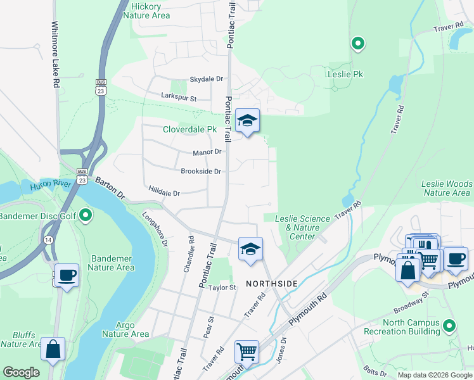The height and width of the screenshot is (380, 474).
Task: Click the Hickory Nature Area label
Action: [x=150, y=10]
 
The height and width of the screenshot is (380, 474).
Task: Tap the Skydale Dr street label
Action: [x=207, y=79]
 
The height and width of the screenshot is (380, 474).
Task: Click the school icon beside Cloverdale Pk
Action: [x=247, y=120]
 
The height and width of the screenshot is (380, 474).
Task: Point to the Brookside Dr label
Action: [x=200, y=172]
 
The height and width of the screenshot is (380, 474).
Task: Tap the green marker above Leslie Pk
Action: [x=358, y=44]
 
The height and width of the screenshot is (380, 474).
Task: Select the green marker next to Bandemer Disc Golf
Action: [x=87, y=217]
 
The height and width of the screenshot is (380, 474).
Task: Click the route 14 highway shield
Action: [x=48, y=240]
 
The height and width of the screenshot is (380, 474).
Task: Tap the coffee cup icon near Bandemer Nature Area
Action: [x=67, y=275]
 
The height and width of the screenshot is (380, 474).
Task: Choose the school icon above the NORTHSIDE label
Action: [x=250, y=248]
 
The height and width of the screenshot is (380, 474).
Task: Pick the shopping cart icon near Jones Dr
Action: [x=247, y=350]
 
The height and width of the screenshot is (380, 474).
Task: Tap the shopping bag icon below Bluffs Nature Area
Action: [x=53, y=348]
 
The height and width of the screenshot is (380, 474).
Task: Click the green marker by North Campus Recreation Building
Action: [x=449, y=326]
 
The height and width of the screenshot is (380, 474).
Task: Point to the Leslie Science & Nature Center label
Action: [x=302, y=227]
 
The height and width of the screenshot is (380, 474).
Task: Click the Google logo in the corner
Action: [x=21, y=372]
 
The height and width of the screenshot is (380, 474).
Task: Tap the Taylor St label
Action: [x=223, y=287]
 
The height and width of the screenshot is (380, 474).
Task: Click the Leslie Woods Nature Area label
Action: [x=447, y=188]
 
